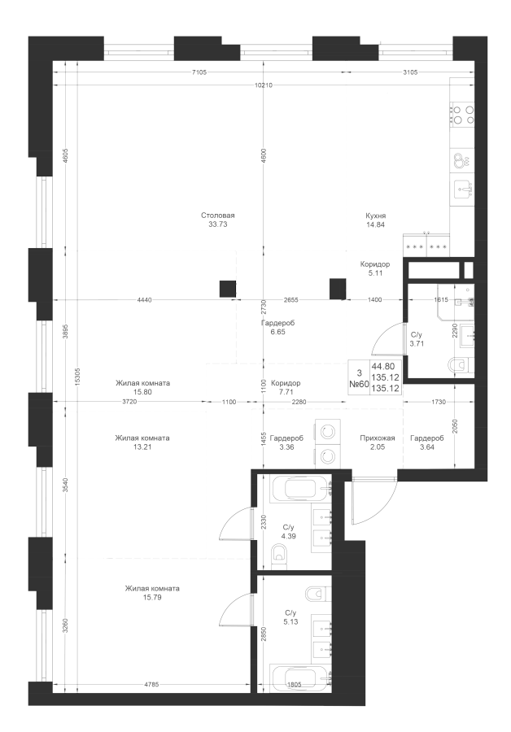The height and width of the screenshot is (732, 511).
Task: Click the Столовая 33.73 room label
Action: tap(218, 220)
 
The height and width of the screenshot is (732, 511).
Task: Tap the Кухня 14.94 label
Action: tap(374, 220)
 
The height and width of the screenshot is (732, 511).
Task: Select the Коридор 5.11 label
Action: tap(375, 269)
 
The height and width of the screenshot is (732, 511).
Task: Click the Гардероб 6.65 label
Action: tap(277, 327)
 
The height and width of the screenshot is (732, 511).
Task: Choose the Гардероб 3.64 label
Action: tap(426, 442)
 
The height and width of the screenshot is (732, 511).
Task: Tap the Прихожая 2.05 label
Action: tap(378, 442)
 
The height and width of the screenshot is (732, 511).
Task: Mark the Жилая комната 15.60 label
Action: tap(142, 388)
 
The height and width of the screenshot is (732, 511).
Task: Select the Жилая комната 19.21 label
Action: tap(142, 442)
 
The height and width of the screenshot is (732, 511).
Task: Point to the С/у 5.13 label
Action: tap(290, 618)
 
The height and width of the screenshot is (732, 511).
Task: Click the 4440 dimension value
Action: tap(145, 300)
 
